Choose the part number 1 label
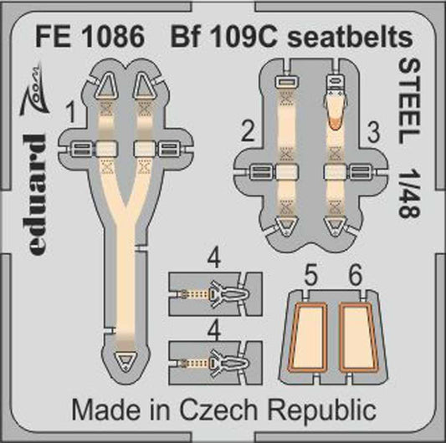click(x=74, y=109)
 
